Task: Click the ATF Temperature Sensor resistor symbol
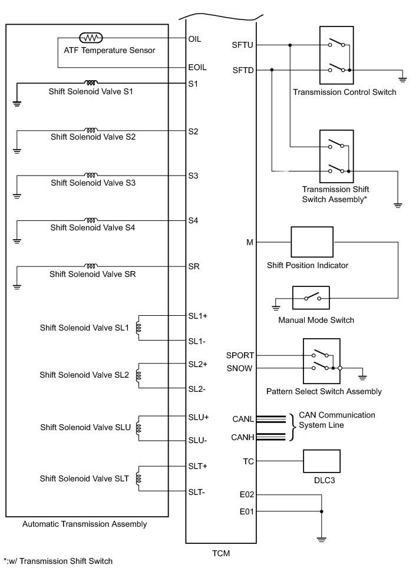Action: point(91,38)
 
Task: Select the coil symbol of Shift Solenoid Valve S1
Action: point(91,83)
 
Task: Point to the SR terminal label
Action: point(194,266)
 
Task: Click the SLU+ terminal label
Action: point(198,417)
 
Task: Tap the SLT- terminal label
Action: point(197,492)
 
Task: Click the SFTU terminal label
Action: point(243,45)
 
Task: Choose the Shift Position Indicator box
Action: point(312,242)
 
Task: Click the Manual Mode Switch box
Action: point(311,298)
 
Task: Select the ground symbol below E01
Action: point(321,537)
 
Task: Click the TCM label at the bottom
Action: point(221,553)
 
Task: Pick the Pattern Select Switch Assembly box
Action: point(321,361)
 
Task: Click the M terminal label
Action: point(250,242)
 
